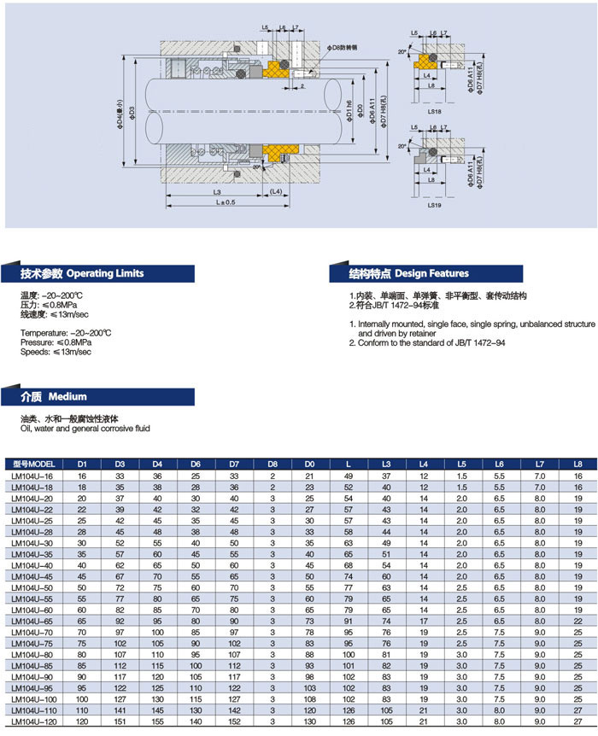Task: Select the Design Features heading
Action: pos(408,274)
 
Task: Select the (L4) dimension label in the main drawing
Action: pos(276,192)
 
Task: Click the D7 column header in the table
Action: pos(233,464)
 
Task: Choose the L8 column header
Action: pos(577,464)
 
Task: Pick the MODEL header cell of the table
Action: pos(34,464)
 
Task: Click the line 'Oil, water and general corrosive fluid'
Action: pos(85,428)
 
